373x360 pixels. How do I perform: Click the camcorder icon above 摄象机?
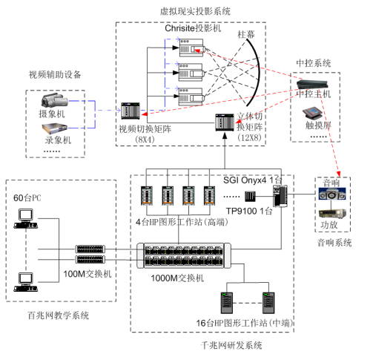pos(54,100)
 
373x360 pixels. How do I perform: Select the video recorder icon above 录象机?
pos(55,128)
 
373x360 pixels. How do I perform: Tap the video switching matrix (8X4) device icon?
pos(131,111)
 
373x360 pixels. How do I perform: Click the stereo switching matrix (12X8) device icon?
pos(225,122)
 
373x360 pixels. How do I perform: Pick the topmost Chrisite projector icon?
pos(192,48)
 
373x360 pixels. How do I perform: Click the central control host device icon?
pos(312,84)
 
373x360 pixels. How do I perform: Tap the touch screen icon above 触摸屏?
pos(313,114)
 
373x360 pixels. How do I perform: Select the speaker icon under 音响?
pos(332,194)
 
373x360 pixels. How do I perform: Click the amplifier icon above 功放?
pos(332,214)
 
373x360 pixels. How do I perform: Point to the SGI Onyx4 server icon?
pos(280,196)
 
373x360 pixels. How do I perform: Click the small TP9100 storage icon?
pos(250,197)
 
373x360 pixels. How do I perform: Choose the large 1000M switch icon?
pos(184,255)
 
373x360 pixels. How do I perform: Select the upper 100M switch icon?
pos(90,249)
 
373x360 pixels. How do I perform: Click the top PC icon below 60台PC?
pos(26,218)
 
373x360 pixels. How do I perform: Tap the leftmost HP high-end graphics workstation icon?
pos(147,196)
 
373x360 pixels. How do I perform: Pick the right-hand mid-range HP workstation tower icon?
pos(268,303)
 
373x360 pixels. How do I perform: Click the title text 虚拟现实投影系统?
pos(195,11)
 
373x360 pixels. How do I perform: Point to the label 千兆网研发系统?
pos(231,345)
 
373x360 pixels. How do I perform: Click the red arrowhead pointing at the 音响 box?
pos(338,174)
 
